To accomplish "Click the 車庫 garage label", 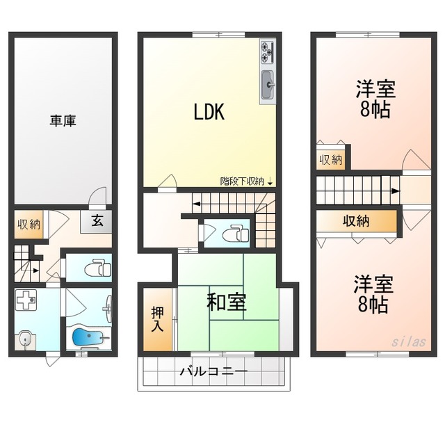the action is coord(63,121).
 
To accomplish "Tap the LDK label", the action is coord(209,112).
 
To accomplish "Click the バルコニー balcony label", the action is coord(214,371).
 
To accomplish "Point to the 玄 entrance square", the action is coord(96,221).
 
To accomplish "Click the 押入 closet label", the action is coord(157,319).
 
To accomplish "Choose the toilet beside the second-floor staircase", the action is coord(235,234).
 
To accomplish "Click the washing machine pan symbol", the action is coord(26,300).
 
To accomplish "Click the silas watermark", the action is coord(408,341).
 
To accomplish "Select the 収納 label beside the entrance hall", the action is coord(29,225).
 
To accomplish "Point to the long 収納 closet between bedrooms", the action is coord(356,221).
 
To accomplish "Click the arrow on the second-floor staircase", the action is coord(196,204).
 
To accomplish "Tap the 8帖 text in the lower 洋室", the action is coord(373,305).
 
